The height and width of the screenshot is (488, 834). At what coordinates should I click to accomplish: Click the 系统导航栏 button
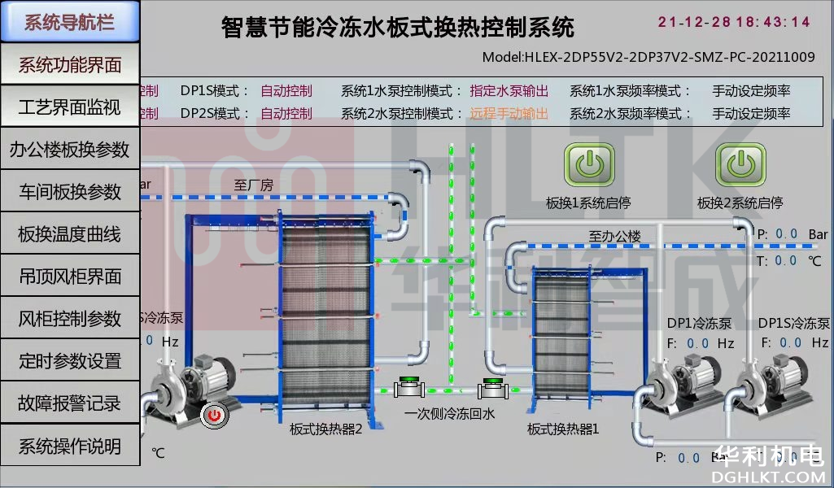pyautogui.click(x=70, y=22)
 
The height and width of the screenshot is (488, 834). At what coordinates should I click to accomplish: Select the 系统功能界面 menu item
pyautogui.click(x=70, y=65)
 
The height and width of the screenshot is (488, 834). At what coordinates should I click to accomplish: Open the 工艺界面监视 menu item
pyautogui.click(x=70, y=107)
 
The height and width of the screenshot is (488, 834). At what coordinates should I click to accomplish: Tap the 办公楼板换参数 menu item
pyautogui.click(x=70, y=150)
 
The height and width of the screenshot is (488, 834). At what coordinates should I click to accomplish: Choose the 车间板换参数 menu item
pyautogui.click(x=70, y=192)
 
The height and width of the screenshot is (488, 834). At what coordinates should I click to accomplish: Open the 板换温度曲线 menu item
pyautogui.click(x=70, y=234)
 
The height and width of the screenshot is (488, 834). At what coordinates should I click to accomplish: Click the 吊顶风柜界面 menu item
pyautogui.click(x=70, y=277)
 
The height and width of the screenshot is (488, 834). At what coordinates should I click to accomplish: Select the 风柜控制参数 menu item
pyautogui.click(x=70, y=319)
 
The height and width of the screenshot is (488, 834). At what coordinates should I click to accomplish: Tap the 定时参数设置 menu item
pyautogui.click(x=70, y=361)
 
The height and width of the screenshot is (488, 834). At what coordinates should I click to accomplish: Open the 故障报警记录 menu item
pyautogui.click(x=70, y=403)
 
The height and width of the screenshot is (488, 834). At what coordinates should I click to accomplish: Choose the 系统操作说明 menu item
pyautogui.click(x=70, y=446)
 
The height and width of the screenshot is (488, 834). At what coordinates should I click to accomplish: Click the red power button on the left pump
pyautogui.click(x=215, y=415)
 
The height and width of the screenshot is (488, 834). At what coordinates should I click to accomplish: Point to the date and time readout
pyautogui.click(x=734, y=22)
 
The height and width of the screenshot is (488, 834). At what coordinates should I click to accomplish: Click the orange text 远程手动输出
pyautogui.click(x=509, y=114)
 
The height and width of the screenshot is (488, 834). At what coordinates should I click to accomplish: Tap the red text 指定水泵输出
pyautogui.click(x=509, y=91)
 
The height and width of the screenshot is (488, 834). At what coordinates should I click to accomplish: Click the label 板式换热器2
pyautogui.click(x=325, y=429)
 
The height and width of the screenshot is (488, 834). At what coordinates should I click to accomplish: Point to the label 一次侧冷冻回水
pyautogui.click(x=449, y=414)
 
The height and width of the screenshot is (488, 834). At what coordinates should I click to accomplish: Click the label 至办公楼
pyautogui.click(x=614, y=237)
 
